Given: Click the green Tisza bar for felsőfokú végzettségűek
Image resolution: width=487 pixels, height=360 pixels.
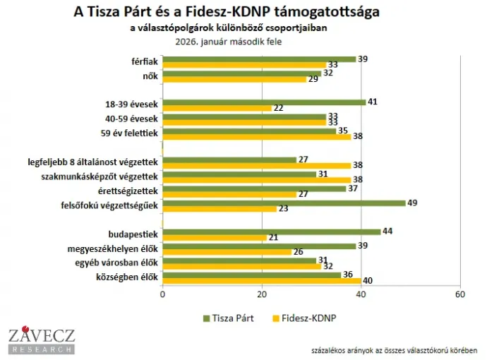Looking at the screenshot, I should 284,203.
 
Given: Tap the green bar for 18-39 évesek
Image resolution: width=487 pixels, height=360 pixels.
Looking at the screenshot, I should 264,102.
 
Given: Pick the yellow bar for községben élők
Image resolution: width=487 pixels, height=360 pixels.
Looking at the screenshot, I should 261,281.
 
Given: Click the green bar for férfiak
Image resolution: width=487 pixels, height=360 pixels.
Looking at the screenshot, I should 259,59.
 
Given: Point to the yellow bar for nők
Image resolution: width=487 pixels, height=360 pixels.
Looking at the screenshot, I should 234,79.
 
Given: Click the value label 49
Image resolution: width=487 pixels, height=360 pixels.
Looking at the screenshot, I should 412,203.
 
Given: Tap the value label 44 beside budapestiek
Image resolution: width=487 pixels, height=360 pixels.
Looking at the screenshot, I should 387,231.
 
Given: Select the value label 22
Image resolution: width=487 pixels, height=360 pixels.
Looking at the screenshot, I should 278,107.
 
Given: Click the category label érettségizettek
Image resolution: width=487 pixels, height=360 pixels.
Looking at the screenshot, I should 130,191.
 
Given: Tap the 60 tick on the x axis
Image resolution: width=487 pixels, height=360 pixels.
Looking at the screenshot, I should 460,294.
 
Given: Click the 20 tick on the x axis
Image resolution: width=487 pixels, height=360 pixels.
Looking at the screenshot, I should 262,294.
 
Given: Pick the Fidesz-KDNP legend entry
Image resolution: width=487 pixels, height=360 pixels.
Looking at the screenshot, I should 301,318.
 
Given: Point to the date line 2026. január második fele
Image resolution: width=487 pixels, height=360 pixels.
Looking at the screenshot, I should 229,40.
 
